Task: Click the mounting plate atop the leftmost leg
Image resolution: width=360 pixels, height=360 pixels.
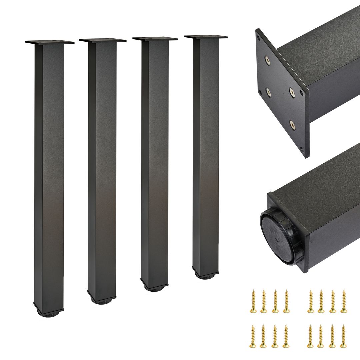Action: coord(49,42)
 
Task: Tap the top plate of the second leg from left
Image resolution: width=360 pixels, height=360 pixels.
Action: coord(102,40)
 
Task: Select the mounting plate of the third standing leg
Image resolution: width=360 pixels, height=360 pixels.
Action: coord(155,39)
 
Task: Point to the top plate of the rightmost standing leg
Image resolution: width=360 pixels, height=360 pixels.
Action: coord(206,37)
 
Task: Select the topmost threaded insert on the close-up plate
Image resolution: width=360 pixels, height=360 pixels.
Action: coord(267,60)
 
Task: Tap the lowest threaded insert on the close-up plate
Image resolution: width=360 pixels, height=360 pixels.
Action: coord(292,125)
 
